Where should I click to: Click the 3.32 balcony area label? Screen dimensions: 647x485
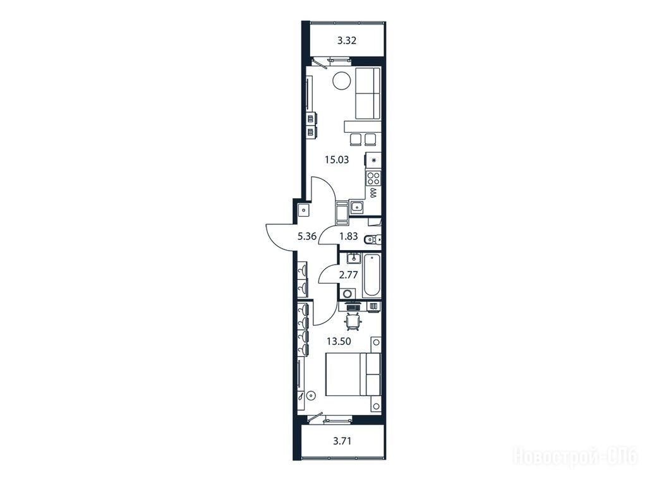[x=347, y=40]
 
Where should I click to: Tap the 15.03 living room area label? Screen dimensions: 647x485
[x=337, y=160]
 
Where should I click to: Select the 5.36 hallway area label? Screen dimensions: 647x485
[x=306, y=236]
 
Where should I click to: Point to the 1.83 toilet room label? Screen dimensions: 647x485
[x=348, y=236]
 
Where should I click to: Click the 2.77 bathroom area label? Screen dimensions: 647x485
[x=348, y=275]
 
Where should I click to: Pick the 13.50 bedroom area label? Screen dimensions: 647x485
[x=339, y=341]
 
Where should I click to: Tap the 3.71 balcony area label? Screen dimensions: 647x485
[x=342, y=441]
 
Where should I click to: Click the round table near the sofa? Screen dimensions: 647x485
[x=341, y=80]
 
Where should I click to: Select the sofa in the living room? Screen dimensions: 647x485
[x=367, y=93]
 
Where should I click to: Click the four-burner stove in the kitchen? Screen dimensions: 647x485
[x=373, y=178]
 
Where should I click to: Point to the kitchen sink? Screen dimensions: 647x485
[x=356, y=207]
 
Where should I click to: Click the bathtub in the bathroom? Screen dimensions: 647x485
[x=372, y=275]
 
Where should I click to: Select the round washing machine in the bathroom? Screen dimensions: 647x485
[x=348, y=294]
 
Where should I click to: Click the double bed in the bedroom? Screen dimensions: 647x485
[x=353, y=374]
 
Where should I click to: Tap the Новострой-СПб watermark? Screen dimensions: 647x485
[x=575, y=457]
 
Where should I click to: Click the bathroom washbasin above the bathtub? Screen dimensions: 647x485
[x=354, y=258]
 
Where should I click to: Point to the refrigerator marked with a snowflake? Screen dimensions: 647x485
[x=373, y=160]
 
